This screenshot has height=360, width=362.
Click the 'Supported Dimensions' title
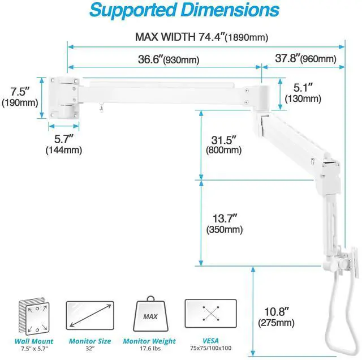click(184, 10)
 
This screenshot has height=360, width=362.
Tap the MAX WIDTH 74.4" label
click(201, 37)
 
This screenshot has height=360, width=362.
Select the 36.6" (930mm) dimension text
click(167, 59)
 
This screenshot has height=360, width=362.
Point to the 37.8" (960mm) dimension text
click(305, 59)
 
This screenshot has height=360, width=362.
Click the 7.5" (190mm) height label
click(20, 96)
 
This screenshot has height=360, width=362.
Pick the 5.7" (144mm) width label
click(63, 144)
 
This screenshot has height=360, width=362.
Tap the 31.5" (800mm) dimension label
click(224, 145)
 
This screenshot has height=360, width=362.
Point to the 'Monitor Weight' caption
click(150, 341)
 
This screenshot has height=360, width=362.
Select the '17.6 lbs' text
click(150, 349)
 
